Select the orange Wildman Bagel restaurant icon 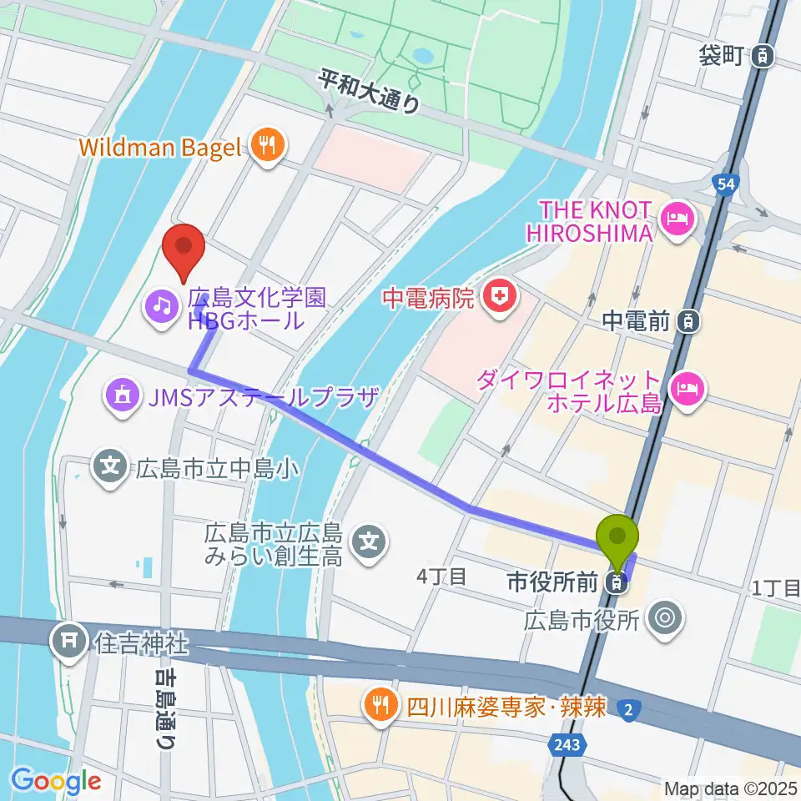[268, 148]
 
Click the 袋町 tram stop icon [761, 57]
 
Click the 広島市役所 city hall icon [666, 618]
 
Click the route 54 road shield [725, 184]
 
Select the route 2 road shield [627, 709]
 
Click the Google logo [56, 781]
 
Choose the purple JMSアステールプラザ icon [123, 395]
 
